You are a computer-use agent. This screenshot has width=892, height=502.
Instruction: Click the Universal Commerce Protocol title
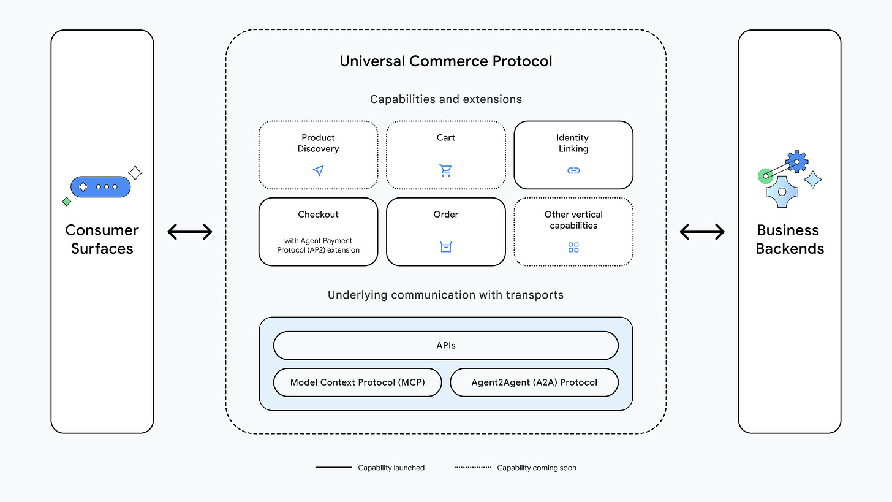point(445,61)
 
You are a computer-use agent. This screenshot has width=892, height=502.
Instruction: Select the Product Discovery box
point(318,154)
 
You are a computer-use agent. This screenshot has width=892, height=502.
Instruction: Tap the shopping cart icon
point(445,170)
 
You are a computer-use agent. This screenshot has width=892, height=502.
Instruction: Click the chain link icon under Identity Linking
point(573,170)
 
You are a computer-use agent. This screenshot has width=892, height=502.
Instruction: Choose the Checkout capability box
point(318,232)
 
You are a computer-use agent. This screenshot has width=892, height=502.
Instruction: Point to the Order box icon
point(445,247)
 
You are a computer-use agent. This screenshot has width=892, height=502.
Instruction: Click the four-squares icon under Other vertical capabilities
point(573,247)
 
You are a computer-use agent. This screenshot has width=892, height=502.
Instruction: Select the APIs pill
point(445,346)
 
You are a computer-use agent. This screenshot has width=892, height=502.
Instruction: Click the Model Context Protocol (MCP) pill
point(357,382)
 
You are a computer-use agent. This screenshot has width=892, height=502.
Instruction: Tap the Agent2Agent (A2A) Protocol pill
point(534,382)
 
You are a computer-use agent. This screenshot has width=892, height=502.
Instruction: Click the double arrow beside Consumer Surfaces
point(190,232)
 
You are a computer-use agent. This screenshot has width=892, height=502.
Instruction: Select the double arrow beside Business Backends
point(702,232)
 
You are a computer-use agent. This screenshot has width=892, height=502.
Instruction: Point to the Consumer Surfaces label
point(102,239)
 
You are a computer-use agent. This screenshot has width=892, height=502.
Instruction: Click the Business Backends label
point(789,239)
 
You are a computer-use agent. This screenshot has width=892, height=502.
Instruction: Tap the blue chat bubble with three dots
point(101,187)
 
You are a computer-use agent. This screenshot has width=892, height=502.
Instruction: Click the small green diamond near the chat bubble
point(67,202)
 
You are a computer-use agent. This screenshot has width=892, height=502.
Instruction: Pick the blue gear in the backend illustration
point(797,162)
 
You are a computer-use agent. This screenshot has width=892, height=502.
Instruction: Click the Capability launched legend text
point(391,468)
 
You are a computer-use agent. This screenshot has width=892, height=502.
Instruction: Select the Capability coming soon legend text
point(536,468)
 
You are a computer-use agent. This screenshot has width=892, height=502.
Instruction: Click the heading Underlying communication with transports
point(445,295)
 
